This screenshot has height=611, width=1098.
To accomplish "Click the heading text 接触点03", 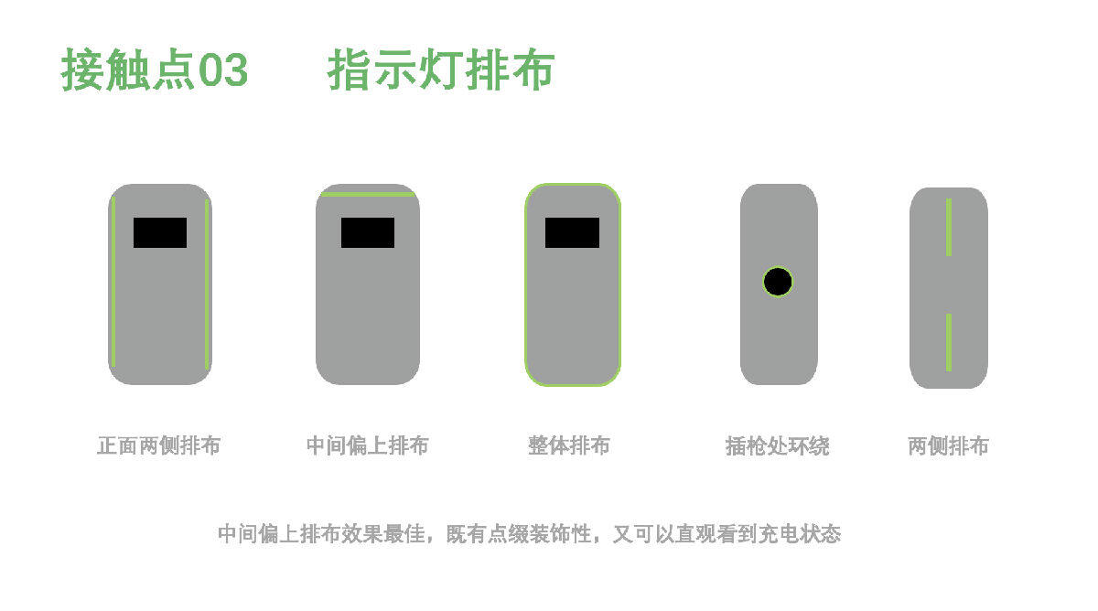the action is click(x=155, y=70).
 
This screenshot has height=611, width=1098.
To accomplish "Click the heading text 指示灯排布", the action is click(x=441, y=70).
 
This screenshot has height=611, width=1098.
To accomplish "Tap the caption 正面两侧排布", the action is click(x=159, y=445).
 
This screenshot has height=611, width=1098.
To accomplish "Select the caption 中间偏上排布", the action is click(x=368, y=445).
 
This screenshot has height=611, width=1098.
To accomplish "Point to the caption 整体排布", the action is click(x=569, y=445).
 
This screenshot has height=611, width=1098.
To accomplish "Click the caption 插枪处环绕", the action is click(x=778, y=446).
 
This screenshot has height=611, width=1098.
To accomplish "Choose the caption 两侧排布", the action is click(x=948, y=446).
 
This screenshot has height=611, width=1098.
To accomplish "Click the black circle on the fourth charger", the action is click(x=778, y=282).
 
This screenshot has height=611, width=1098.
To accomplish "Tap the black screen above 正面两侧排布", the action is click(x=160, y=232).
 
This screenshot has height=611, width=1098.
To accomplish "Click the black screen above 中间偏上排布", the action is click(x=368, y=232).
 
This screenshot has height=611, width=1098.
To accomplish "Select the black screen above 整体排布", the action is click(x=572, y=232).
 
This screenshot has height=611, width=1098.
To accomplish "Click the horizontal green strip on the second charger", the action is click(x=368, y=195).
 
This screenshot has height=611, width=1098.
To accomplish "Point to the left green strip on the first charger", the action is click(x=113, y=282).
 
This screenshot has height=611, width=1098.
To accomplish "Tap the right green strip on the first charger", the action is click(x=207, y=284).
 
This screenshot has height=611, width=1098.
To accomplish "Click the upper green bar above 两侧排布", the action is click(x=949, y=227).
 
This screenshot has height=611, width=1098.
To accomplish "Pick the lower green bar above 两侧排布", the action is click(x=949, y=342).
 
